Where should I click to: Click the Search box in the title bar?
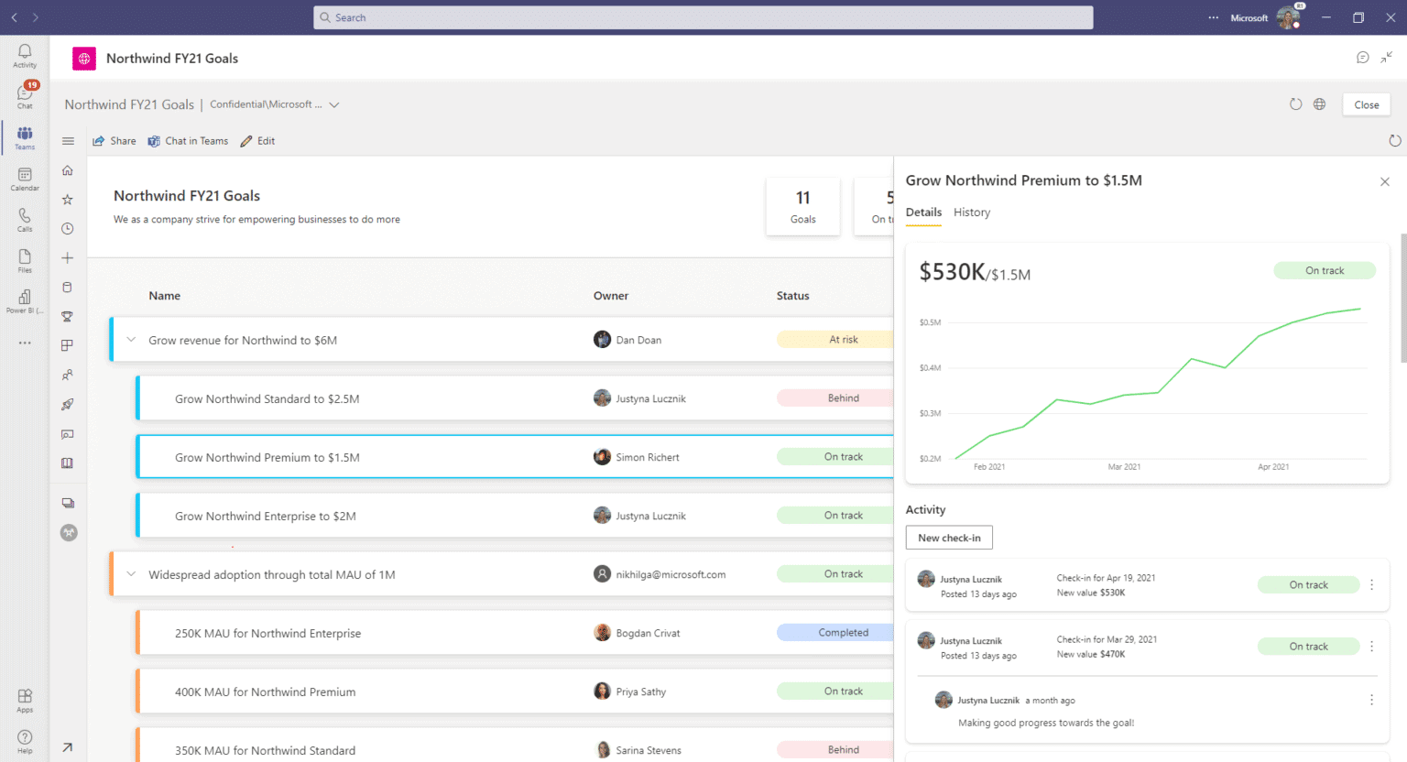click(x=703, y=17)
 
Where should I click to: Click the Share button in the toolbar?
click(x=115, y=141)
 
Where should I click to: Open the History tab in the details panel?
click(x=972, y=212)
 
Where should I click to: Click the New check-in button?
click(x=949, y=538)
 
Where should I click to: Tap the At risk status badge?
click(x=843, y=340)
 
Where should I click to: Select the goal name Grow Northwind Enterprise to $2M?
click(x=266, y=517)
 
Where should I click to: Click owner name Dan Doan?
click(x=638, y=340)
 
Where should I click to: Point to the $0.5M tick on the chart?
click(x=930, y=322)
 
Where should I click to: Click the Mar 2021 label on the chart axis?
click(x=1124, y=467)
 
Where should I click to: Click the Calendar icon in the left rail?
click(x=25, y=178)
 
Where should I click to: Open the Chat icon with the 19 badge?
click(x=25, y=94)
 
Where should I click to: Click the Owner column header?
click(x=611, y=296)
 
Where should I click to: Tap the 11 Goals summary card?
click(x=802, y=206)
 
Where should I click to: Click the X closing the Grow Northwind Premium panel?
click(x=1385, y=181)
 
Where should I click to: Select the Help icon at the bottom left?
click(x=25, y=740)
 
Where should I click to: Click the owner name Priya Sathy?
click(x=641, y=692)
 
